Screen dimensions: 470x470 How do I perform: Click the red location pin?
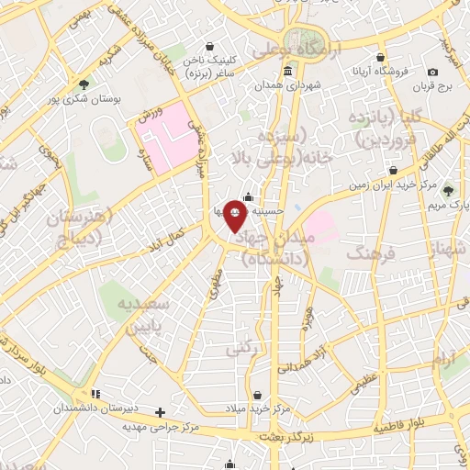click(x=234, y=217)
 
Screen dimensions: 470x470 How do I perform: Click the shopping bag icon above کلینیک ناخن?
click(x=210, y=46)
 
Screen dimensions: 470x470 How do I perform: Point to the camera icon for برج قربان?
click(x=432, y=72)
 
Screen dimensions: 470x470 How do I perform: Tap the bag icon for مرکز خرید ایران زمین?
click(x=394, y=170)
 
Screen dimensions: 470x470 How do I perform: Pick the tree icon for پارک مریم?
click(x=447, y=191)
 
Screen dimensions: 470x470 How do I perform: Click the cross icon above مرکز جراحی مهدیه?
click(x=161, y=412)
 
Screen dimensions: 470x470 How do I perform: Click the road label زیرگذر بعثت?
click(x=286, y=437)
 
